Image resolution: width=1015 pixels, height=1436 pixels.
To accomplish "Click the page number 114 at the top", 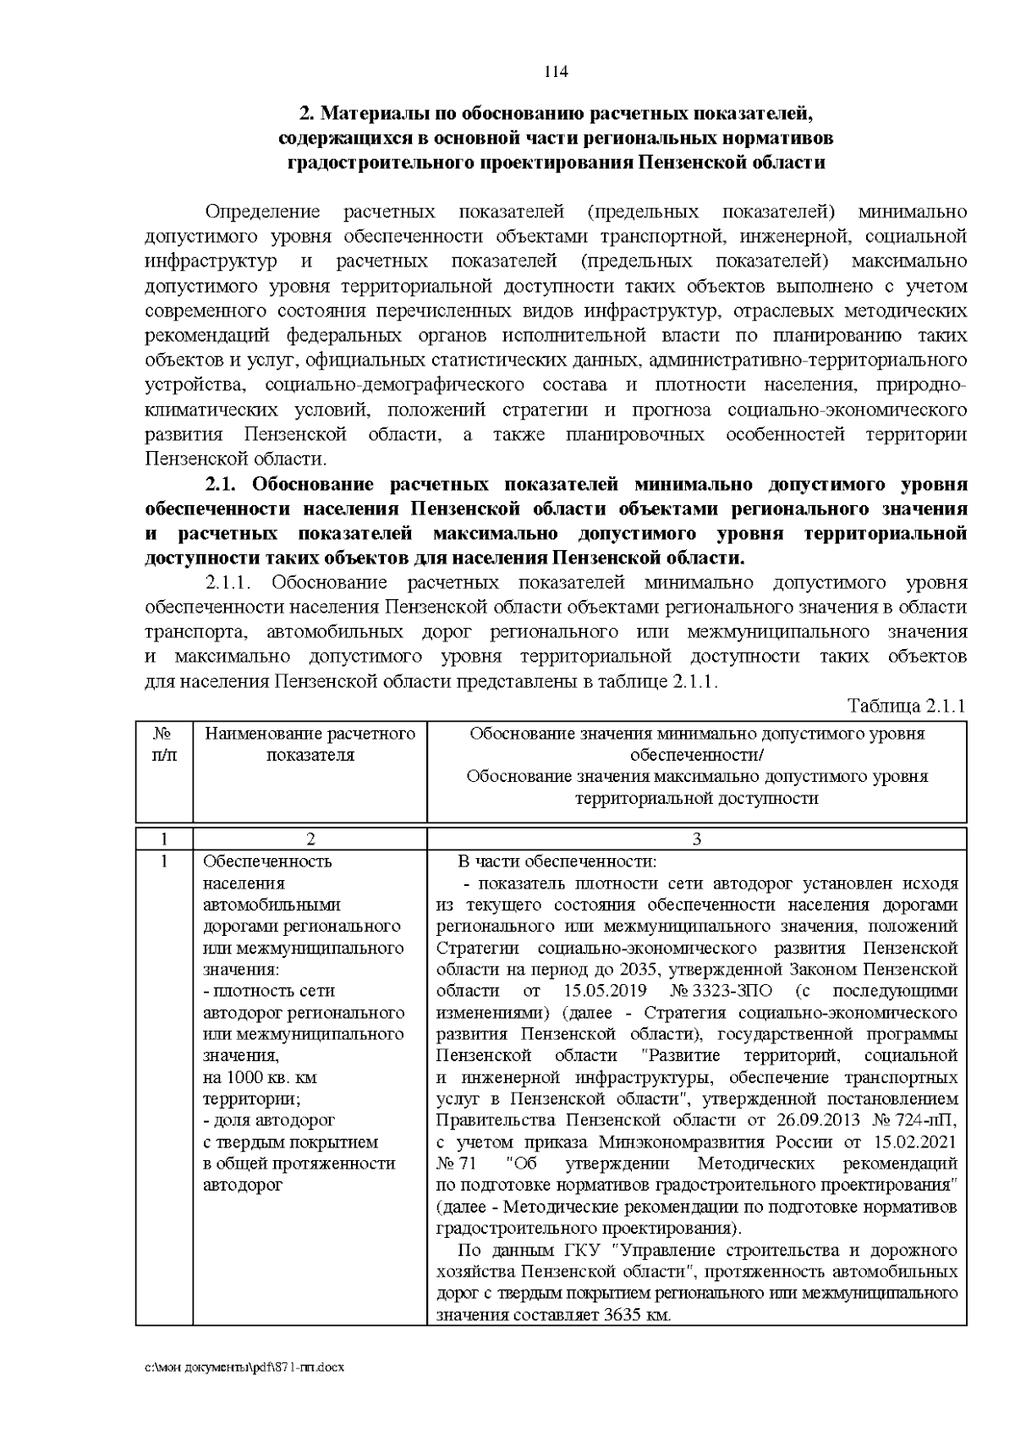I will click(x=555, y=71).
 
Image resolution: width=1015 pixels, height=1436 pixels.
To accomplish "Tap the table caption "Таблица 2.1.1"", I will click(x=906, y=707).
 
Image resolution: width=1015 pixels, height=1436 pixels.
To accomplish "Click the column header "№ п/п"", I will click(x=165, y=744).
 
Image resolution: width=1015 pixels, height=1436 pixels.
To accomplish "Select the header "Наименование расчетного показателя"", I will click(x=310, y=744).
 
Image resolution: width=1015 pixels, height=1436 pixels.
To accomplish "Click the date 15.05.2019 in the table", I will click(x=604, y=990).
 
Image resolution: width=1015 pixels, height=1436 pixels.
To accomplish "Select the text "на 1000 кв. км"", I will click(x=261, y=1077).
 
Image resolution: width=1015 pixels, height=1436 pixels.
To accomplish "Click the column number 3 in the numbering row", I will click(x=696, y=839).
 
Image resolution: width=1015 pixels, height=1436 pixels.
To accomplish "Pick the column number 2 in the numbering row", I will click(x=310, y=839).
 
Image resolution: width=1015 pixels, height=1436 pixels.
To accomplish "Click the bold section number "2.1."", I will click(x=224, y=485).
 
